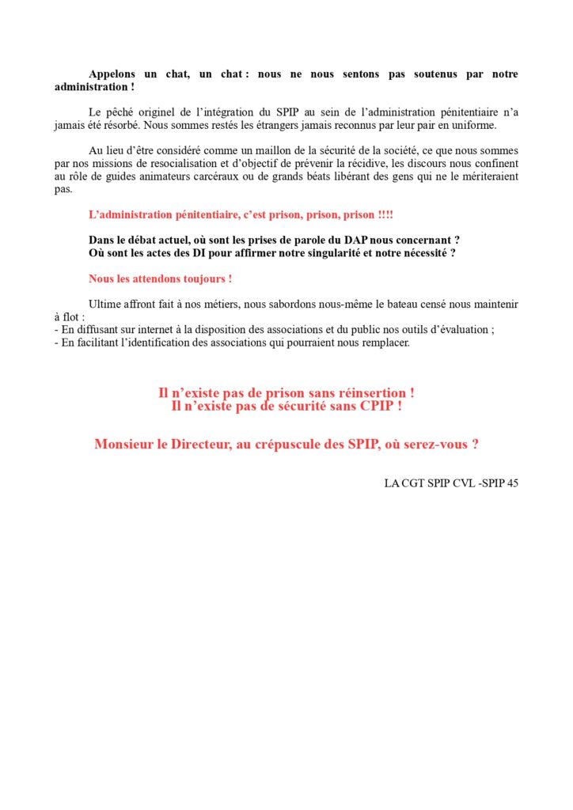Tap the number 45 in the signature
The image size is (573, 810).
(511, 483)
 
